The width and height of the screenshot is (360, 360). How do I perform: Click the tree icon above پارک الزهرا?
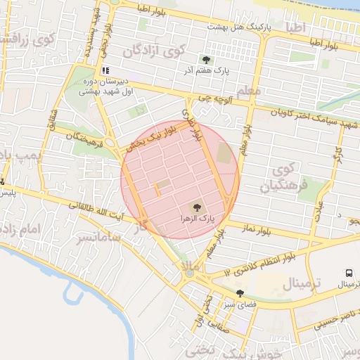click(x=196, y=207)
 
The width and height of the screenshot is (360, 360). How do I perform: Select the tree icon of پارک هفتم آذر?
click(x=206, y=60)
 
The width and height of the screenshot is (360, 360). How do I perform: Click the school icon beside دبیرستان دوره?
click(x=105, y=70)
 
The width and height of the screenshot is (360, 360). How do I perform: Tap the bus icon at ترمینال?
click(x=349, y=274)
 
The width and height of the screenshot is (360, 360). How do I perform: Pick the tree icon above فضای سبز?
click(x=240, y=294)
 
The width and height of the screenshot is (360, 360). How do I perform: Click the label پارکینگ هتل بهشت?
click(x=239, y=27)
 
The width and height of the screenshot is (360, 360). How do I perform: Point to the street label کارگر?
click(x=337, y=153)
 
